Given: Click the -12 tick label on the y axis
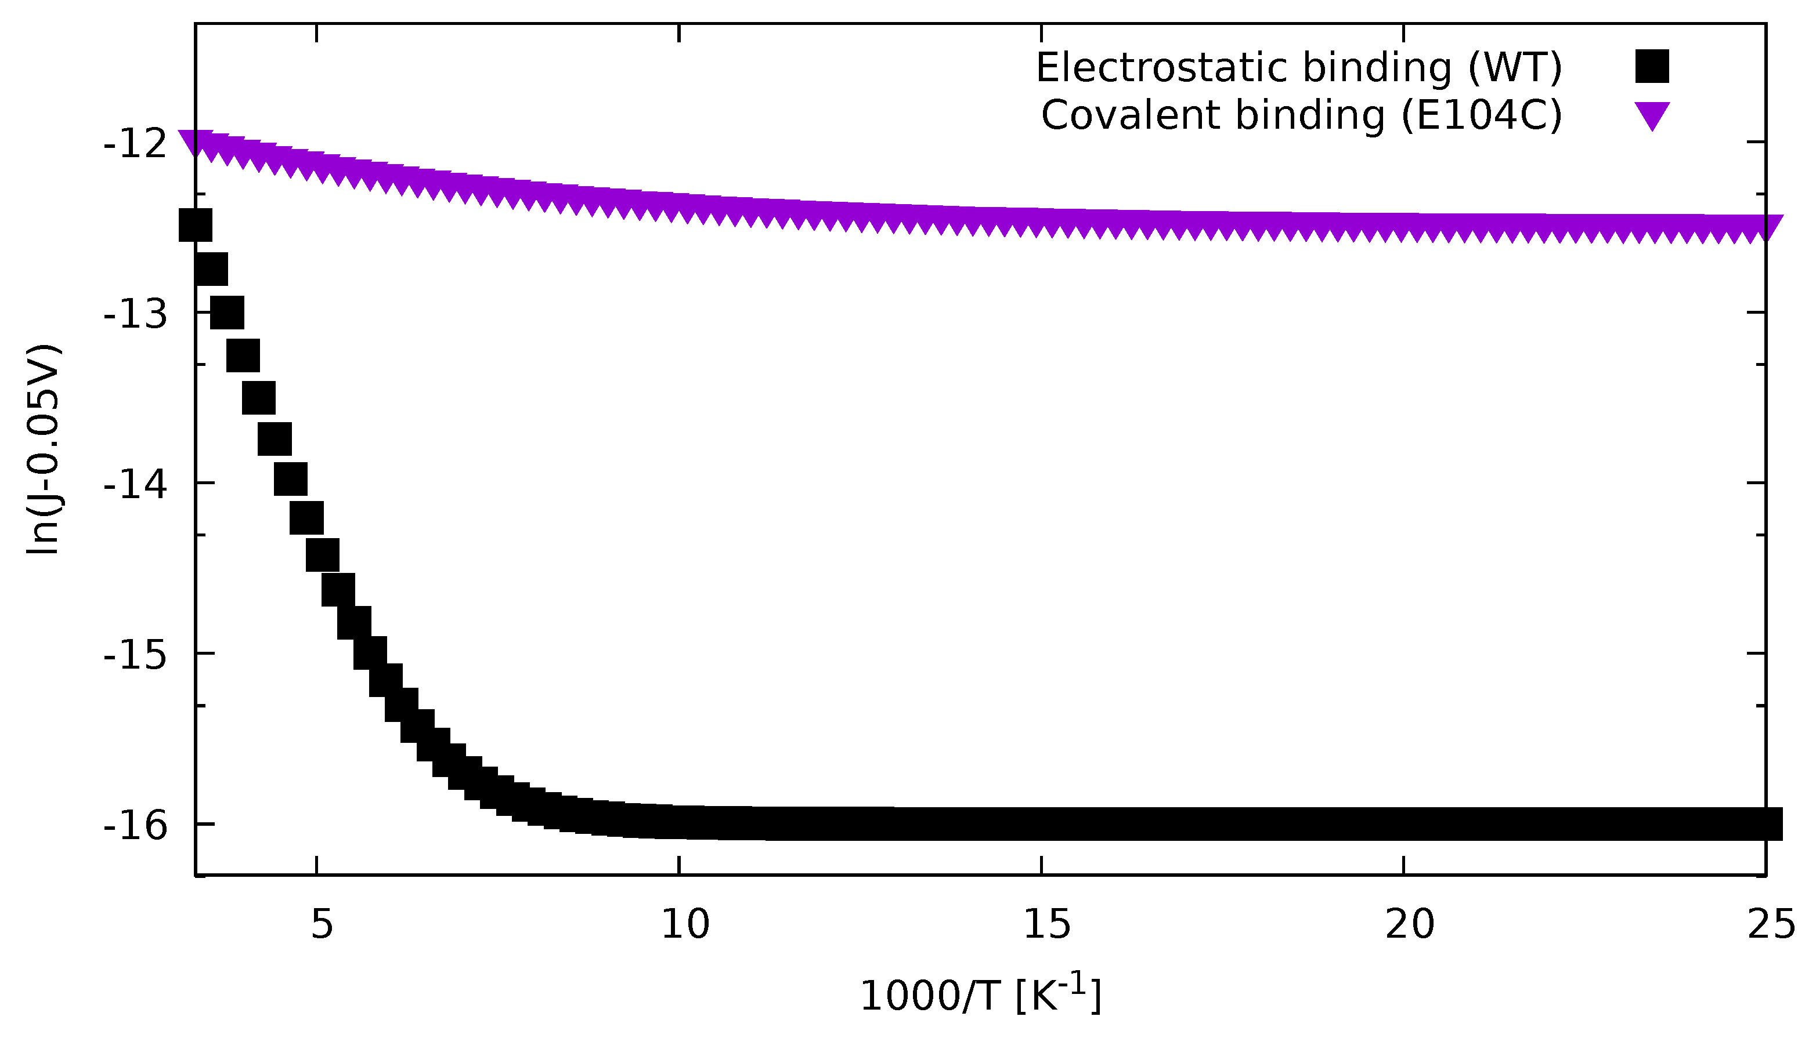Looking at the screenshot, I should tap(136, 145).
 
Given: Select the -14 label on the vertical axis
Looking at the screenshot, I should tap(136, 485).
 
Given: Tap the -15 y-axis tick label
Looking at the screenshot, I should tap(136, 656).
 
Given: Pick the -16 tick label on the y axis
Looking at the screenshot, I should tap(136, 827).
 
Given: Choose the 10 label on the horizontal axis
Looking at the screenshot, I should tap(685, 925).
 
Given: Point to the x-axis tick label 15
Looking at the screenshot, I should tap(1047, 925).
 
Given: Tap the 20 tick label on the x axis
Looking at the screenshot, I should tap(1409, 925).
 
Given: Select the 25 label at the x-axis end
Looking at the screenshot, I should tap(1771, 925).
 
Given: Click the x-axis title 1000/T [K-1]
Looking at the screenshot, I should tap(981, 995).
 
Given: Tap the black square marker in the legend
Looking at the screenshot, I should tap(1652, 66).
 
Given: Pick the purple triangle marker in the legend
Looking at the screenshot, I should tap(1652, 115).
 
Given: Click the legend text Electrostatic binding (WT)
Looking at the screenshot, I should tap(1299, 68).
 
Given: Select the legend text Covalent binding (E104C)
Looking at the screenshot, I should tap(1302, 115).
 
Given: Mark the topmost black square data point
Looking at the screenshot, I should tap(196, 225).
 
